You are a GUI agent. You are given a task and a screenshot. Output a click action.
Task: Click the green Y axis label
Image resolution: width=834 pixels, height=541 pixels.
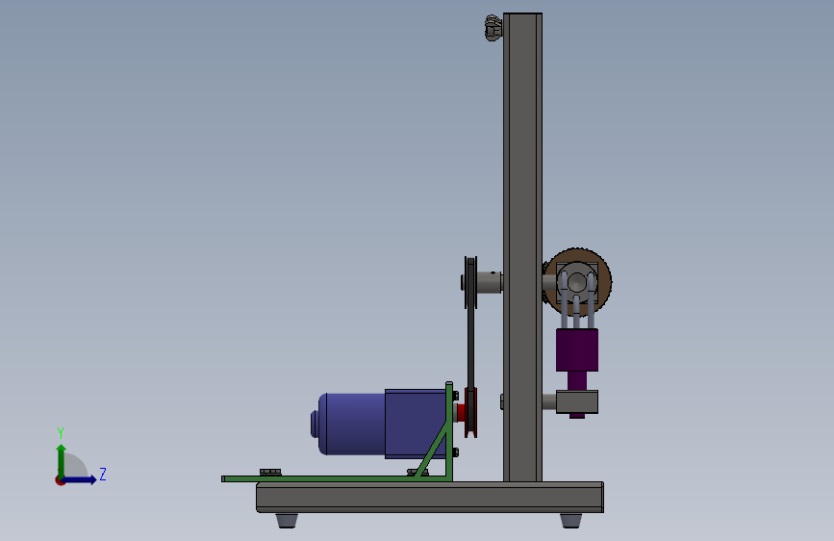click(x=61, y=432)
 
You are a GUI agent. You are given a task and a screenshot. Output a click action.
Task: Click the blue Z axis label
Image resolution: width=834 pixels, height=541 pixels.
click(x=103, y=474)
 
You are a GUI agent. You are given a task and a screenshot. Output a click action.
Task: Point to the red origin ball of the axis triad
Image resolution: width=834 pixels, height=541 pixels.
click(x=60, y=480)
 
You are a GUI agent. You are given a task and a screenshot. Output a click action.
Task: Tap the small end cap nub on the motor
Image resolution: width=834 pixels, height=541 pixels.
click(x=314, y=424)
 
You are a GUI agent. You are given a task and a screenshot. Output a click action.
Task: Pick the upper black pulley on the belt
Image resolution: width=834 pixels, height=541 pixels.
click(x=470, y=282)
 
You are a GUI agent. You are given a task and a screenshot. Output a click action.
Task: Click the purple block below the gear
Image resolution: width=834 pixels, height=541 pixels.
click(x=577, y=349)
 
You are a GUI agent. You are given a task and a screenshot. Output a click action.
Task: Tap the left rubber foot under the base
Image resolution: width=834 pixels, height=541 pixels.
click(x=287, y=520)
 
